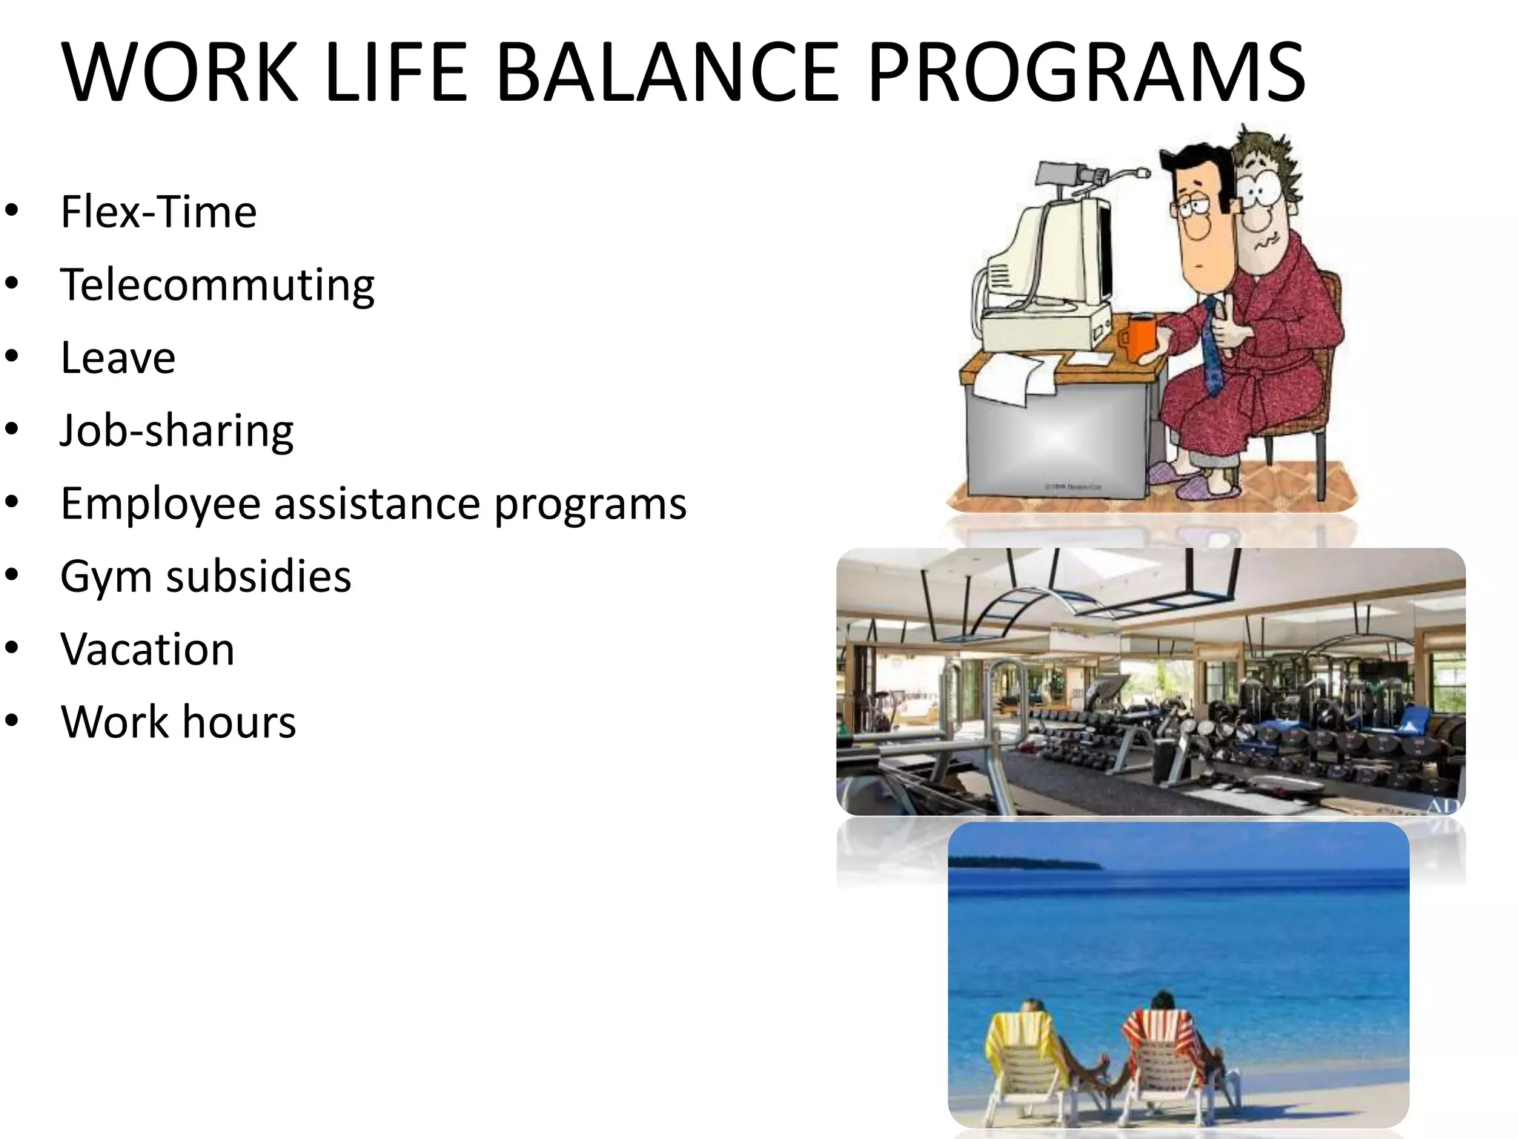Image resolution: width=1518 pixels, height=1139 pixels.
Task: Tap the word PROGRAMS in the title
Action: pyautogui.click(x=1085, y=73)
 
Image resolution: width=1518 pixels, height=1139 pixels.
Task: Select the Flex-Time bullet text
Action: pyautogui.click(x=159, y=212)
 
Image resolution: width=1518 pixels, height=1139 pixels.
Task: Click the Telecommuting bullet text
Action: pyautogui.click(x=217, y=285)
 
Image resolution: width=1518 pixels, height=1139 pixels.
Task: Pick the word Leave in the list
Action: pyautogui.click(x=118, y=358)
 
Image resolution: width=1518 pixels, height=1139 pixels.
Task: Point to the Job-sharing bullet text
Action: pyautogui.click(x=176, y=431)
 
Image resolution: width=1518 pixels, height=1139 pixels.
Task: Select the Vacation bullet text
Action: pyautogui.click(x=148, y=650)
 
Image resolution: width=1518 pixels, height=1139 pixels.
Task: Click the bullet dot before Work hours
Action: pyautogui.click(x=11, y=721)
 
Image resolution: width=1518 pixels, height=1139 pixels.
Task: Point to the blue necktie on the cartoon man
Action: pyautogui.click(x=1213, y=349)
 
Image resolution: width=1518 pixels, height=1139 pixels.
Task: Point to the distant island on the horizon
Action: pyautogui.click(x=1023, y=863)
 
